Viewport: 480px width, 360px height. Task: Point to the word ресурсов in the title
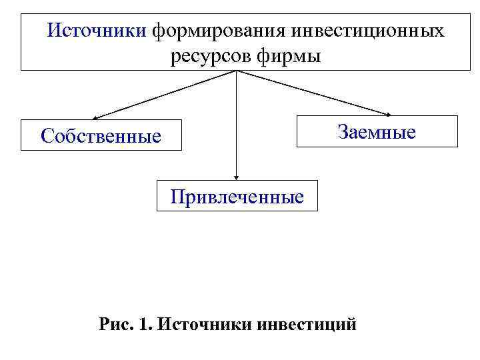[x=203, y=56]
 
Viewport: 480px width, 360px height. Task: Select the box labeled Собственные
[x=101, y=136]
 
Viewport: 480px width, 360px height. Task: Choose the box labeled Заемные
[x=377, y=131]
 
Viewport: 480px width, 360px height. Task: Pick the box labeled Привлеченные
[x=237, y=196]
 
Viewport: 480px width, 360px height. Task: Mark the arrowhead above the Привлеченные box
[x=237, y=176]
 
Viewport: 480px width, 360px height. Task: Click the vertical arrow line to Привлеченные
[x=237, y=127]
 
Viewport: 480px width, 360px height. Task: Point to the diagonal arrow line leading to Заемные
[x=313, y=93]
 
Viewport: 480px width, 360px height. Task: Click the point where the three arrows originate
[x=237, y=71]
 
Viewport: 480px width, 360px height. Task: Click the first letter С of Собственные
[x=47, y=136]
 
